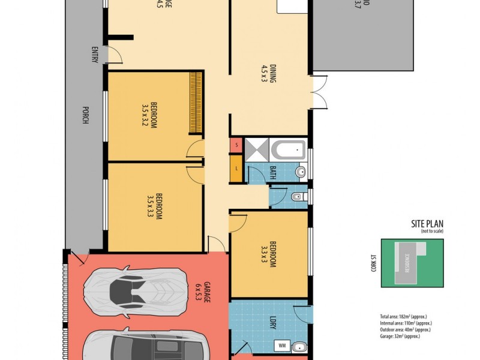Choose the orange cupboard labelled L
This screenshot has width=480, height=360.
tap(236, 168)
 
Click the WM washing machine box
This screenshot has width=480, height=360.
tap(281, 346)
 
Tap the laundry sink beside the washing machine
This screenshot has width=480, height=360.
tap(299, 346)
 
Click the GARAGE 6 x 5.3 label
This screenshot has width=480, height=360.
tap(203, 293)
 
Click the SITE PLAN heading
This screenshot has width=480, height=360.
tap(427, 224)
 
